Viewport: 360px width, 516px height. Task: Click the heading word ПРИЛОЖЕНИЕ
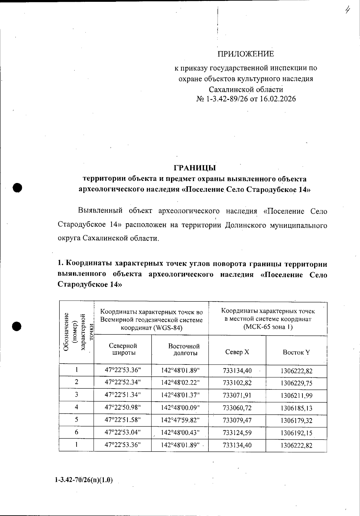pyautogui.click(x=246, y=54)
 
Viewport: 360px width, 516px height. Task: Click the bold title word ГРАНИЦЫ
pyautogui.click(x=195, y=168)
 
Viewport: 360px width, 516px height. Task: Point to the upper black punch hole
pyautogui.click(x=18, y=187)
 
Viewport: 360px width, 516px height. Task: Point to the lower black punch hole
pyautogui.click(x=17, y=326)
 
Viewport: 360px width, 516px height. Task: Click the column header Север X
pyautogui.click(x=237, y=352)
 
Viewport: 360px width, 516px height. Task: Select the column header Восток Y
pyautogui.click(x=296, y=352)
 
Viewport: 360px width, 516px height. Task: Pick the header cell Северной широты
pyautogui.click(x=123, y=349)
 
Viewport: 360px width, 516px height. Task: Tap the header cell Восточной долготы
pyautogui.click(x=184, y=349)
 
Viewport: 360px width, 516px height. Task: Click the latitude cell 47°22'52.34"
pyautogui.click(x=123, y=382)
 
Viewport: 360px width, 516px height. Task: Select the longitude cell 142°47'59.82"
pyautogui.click(x=180, y=420)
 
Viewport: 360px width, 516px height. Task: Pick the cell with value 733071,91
pyautogui.click(x=237, y=395)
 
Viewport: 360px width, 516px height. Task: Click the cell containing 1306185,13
pyautogui.click(x=296, y=408)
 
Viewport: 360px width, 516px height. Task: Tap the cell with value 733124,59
pyautogui.click(x=237, y=433)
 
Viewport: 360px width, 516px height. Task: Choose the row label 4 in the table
pyautogui.click(x=76, y=407)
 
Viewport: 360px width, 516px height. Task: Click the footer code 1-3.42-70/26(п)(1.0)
pyautogui.click(x=84, y=480)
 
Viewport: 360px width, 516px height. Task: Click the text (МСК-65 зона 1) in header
pyautogui.click(x=268, y=327)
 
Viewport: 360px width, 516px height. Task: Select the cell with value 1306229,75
pyautogui.click(x=296, y=383)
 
